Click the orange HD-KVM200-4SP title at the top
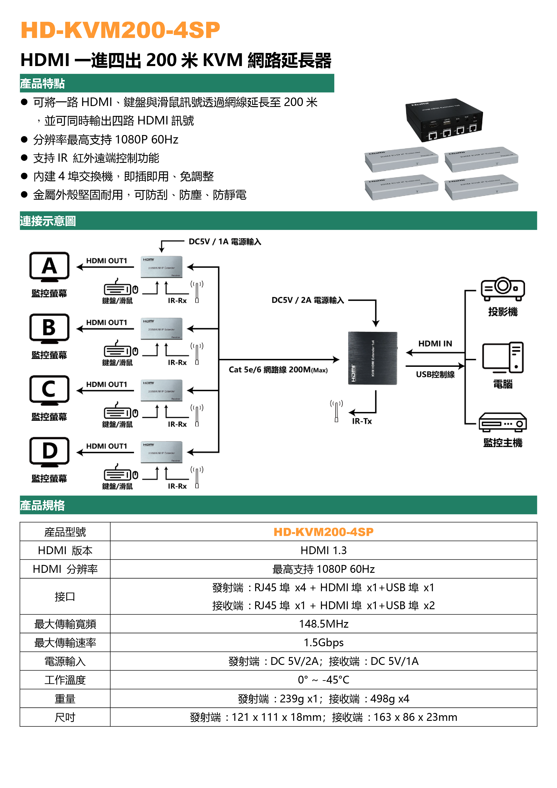120,30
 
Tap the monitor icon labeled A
49,267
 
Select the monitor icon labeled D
49,452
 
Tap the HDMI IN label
435,343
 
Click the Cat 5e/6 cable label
278,370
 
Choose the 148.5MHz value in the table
324,624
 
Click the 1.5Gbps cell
324,642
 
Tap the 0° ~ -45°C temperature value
324,680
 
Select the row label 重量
65,698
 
